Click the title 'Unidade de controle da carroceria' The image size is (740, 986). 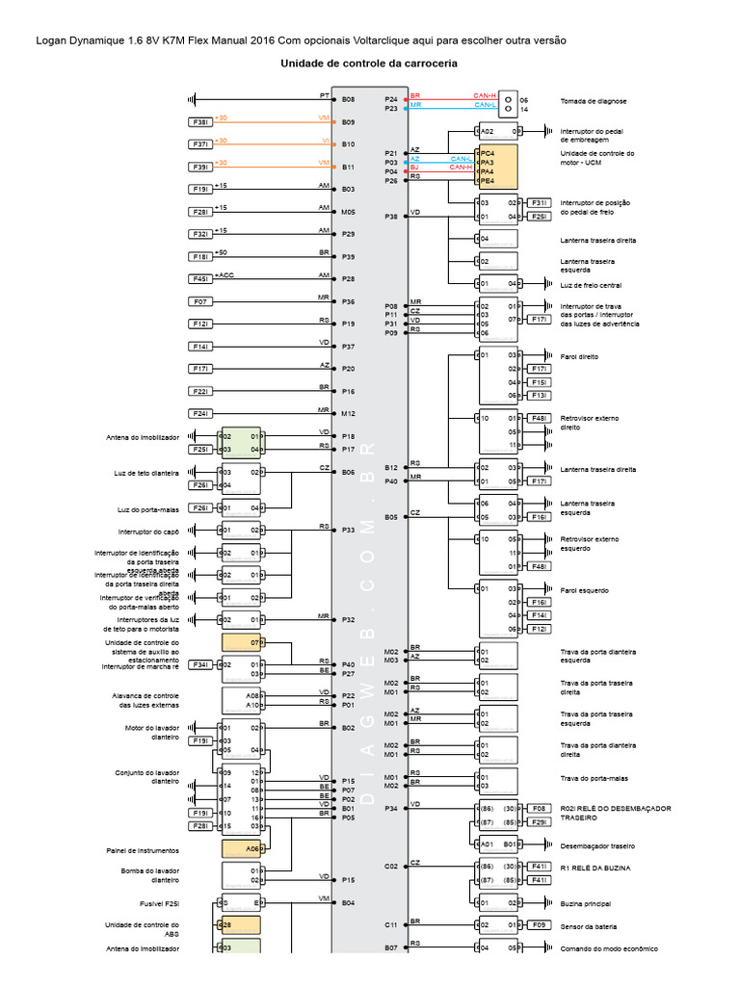[368, 64]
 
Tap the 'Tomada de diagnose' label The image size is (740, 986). [594, 101]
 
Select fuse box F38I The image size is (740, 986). [200, 122]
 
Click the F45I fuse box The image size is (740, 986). [200, 278]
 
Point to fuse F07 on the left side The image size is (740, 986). [200, 301]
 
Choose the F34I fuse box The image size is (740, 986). [200, 664]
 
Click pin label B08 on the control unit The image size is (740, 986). [348, 99]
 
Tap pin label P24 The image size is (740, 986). [391, 99]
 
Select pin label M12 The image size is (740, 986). [348, 414]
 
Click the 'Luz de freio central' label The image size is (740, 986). [591, 284]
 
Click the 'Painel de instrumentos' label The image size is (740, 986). [143, 850]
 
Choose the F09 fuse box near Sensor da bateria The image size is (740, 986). [539, 926]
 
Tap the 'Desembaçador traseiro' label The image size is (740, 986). [597, 845]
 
